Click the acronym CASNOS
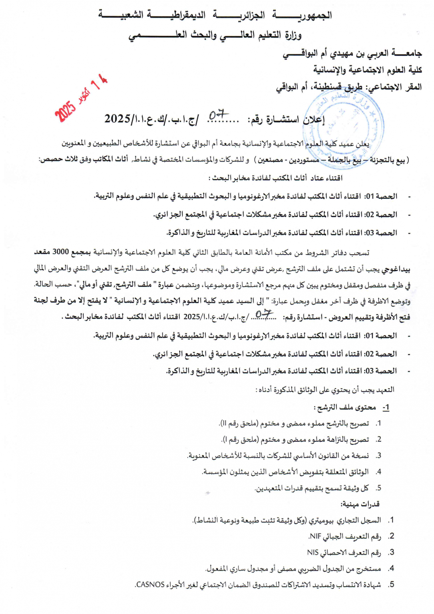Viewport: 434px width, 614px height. (150, 584)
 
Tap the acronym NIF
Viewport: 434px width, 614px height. (315, 536)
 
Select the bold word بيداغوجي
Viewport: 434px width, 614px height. (396, 269)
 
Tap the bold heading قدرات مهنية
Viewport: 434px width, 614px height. (360, 504)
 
